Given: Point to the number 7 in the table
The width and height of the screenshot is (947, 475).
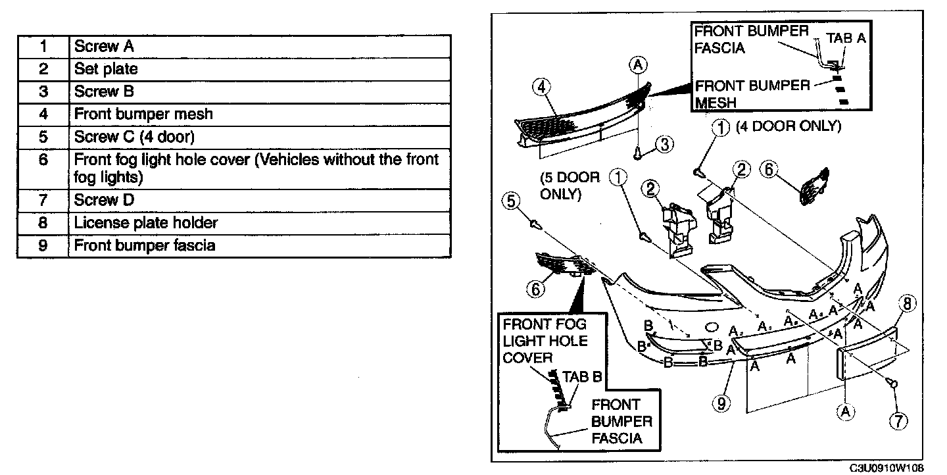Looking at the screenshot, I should [x=43, y=200].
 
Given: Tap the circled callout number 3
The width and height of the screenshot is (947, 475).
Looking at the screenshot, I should [x=664, y=143].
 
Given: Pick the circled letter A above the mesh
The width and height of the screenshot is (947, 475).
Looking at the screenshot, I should [x=637, y=64].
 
